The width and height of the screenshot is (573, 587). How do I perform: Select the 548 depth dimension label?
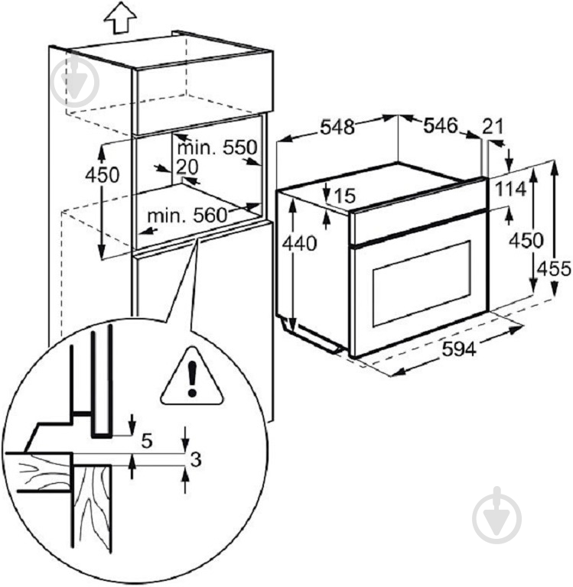pos(337,127)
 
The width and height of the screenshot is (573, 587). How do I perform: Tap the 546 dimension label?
pos(441,126)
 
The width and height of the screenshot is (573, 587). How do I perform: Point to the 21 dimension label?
pos(493,127)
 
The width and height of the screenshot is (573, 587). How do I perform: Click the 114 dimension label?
pos(510,190)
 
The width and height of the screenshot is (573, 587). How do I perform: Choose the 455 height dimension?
pos(554,268)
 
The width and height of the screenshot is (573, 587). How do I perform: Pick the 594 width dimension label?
pos(459,349)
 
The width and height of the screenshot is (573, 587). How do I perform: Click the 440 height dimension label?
pos(299,244)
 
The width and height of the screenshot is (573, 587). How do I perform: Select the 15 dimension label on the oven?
pos(343,195)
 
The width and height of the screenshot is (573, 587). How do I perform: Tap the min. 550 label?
pos(217,148)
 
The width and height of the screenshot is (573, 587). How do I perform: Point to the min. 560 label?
pos(187,216)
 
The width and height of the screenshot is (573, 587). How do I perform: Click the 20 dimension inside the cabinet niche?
pos(187,167)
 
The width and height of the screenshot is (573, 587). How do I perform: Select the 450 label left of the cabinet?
pos(102,175)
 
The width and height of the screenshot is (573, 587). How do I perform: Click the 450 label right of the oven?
pos(526,240)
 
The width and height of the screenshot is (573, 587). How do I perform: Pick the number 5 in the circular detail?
pos(147,441)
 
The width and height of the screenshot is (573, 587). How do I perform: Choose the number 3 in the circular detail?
pos(196,459)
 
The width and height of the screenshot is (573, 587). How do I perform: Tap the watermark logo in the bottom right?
pos(497,515)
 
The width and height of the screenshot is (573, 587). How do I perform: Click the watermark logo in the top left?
pos(75,80)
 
